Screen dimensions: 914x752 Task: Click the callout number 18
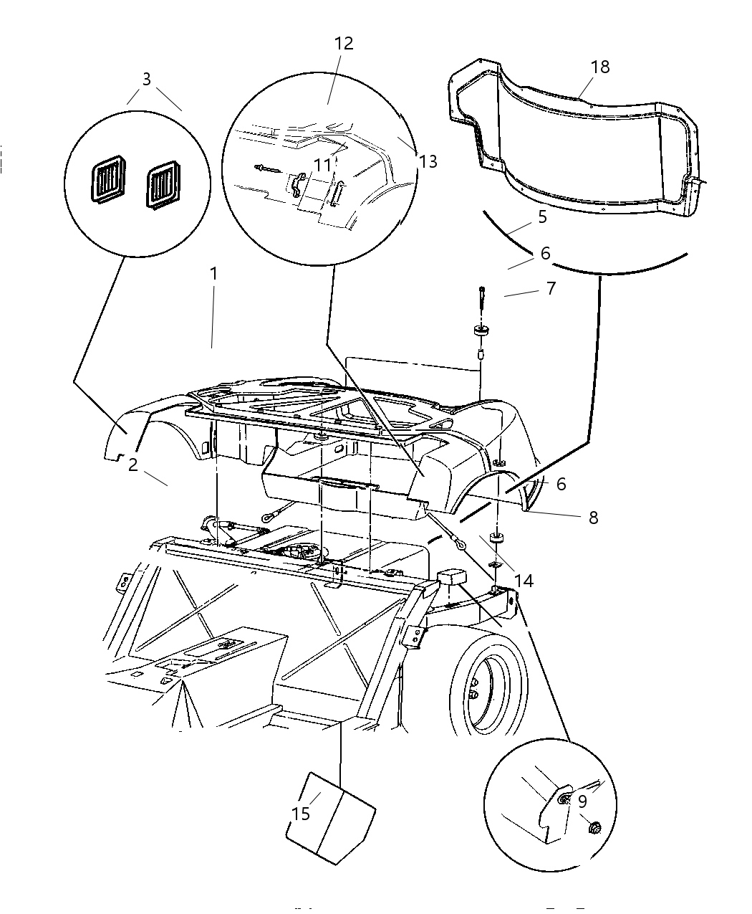point(599,67)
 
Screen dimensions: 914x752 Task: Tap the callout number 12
point(344,44)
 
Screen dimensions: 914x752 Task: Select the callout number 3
point(146,79)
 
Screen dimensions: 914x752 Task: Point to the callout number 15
point(301,814)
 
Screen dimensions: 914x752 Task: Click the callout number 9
point(582,801)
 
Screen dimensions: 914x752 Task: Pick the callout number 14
point(524,580)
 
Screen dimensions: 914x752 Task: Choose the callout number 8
point(593,517)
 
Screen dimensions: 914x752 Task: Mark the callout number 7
point(551,288)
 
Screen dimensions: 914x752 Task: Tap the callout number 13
point(428,161)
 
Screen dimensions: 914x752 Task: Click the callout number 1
point(213,274)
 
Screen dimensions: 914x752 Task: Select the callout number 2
point(133,465)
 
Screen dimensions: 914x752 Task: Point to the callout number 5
point(542,216)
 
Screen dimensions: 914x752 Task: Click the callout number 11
point(323,166)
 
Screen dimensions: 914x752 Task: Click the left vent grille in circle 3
point(108,184)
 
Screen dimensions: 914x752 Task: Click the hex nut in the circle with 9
point(594,829)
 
